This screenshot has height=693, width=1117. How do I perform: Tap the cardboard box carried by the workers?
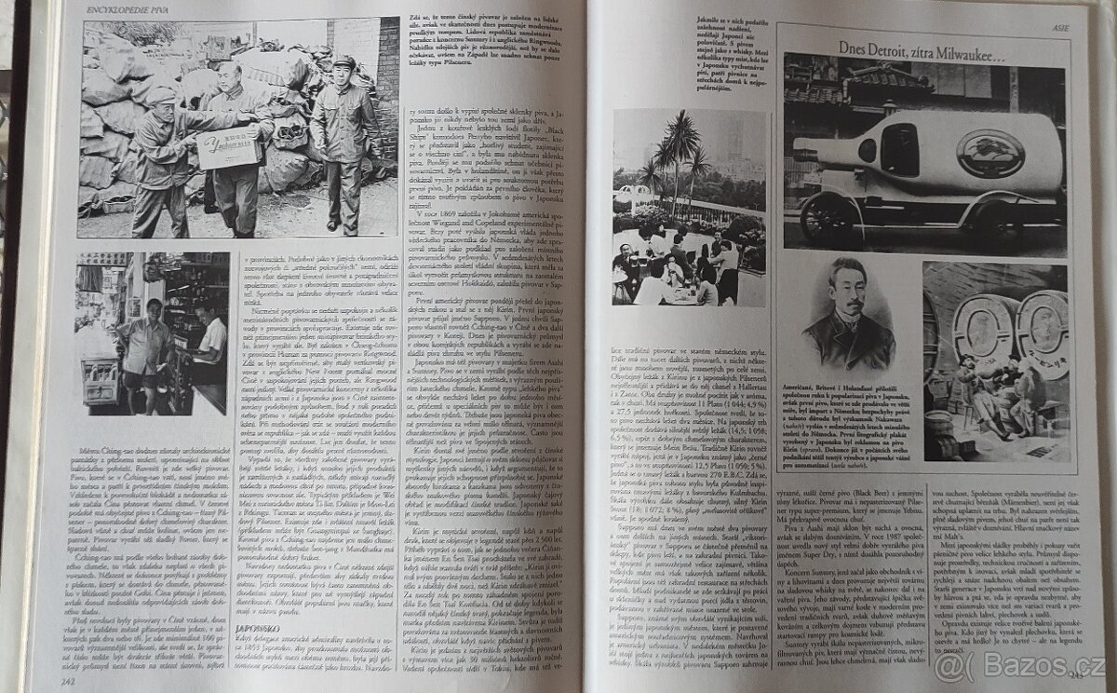tap(228, 147)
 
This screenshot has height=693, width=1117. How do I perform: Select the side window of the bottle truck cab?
tap(899, 150)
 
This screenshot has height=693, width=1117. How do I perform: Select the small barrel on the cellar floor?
tap(940, 438)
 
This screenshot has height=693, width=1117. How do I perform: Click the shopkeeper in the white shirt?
tap(209, 340)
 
